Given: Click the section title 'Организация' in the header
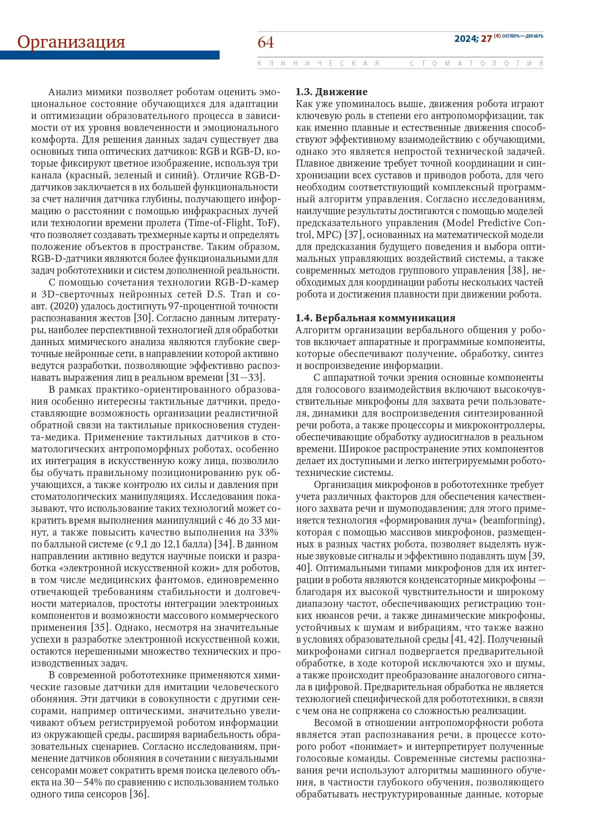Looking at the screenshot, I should (x=71, y=42).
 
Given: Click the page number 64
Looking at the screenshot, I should (x=266, y=43).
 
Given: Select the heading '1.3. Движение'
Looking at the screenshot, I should (x=331, y=91).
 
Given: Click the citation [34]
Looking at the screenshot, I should (x=223, y=544).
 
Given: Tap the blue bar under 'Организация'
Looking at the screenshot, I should (x=110, y=55).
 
